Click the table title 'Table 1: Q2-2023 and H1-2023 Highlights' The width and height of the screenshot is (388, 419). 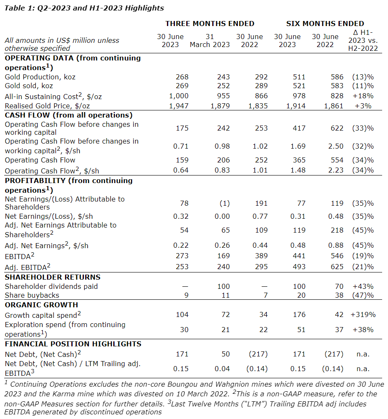(84, 8)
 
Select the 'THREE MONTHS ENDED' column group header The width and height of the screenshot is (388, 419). (210, 24)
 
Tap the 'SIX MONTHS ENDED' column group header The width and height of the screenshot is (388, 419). (325, 24)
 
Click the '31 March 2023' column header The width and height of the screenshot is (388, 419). (210, 40)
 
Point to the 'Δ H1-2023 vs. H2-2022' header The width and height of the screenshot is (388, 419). (363, 40)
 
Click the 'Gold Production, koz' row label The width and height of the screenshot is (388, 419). (40, 77)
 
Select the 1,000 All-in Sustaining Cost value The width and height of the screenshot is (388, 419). (179, 96)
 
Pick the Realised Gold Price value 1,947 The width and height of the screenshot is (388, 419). (179, 106)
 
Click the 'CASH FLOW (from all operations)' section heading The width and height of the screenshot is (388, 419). (69, 115)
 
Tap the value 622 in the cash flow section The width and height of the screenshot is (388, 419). (337, 128)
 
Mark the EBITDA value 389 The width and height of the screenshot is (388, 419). (260, 256)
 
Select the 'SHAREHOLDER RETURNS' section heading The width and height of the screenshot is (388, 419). (52, 277)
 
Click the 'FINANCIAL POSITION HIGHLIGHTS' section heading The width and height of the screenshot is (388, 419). (73, 344)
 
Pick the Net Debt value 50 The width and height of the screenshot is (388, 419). (226, 354)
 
